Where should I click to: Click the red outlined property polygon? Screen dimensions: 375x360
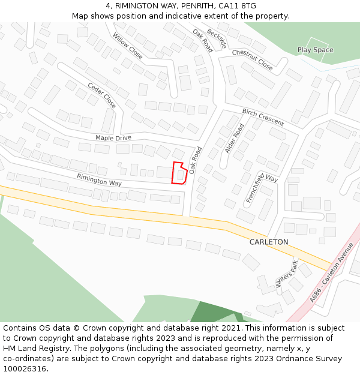pos(178,174)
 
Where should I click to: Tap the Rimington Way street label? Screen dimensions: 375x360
pos(99,179)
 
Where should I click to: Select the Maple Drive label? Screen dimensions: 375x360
pos(113,138)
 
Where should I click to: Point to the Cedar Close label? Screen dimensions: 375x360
pos(102,95)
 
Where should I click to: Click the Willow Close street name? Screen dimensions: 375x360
pos(128,46)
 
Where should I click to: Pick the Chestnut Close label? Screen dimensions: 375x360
pos(253,60)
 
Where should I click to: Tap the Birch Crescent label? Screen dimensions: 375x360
pos(263,116)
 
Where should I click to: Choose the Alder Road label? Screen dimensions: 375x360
pos(234,139)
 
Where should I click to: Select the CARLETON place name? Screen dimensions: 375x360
pos(269,242)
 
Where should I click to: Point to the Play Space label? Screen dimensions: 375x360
pos(315,50)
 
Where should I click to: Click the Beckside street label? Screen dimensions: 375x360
pos(217,38)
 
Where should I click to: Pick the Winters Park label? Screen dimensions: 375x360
pos(286,275)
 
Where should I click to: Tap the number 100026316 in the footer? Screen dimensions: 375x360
pos(25,369)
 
